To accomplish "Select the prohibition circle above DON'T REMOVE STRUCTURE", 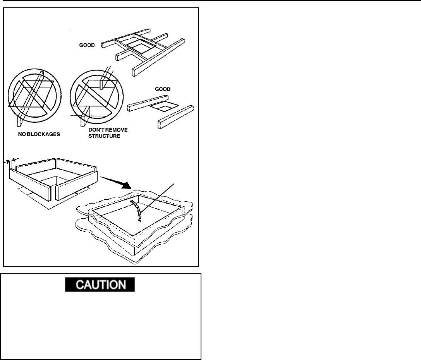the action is tap(95, 98).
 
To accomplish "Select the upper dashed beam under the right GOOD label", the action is tap(149, 101).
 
